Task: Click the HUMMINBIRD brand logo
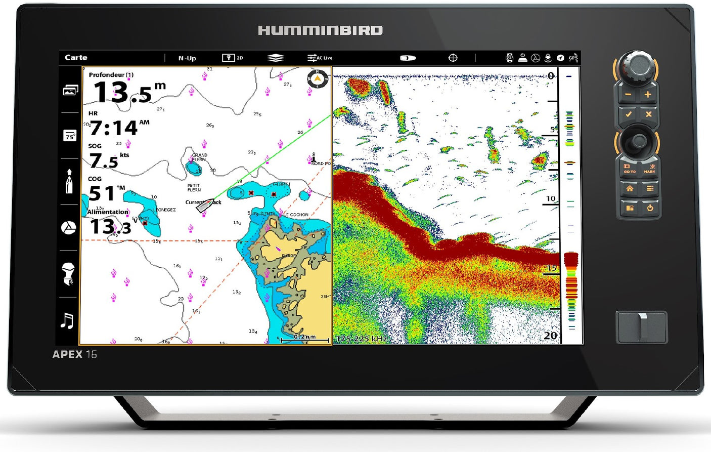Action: [x=320, y=30]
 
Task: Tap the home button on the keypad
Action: [x=629, y=189]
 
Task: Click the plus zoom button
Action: [x=648, y=95]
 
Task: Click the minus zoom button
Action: [x=628, y=95]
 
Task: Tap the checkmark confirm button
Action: [x=628, y=114]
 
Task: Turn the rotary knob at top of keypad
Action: [x=636, y=65]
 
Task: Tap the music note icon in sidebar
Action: [x=67, y=320]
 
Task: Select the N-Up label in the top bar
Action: [x=187, y=58]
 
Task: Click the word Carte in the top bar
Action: [x=76, y=58]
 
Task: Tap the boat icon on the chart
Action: [x=205, y=205]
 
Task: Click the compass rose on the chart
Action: [x=318, y=79]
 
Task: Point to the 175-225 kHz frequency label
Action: [x=362, y=338]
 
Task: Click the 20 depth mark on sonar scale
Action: [x=550, y=335]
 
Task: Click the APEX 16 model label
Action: [x=74, y=354]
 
